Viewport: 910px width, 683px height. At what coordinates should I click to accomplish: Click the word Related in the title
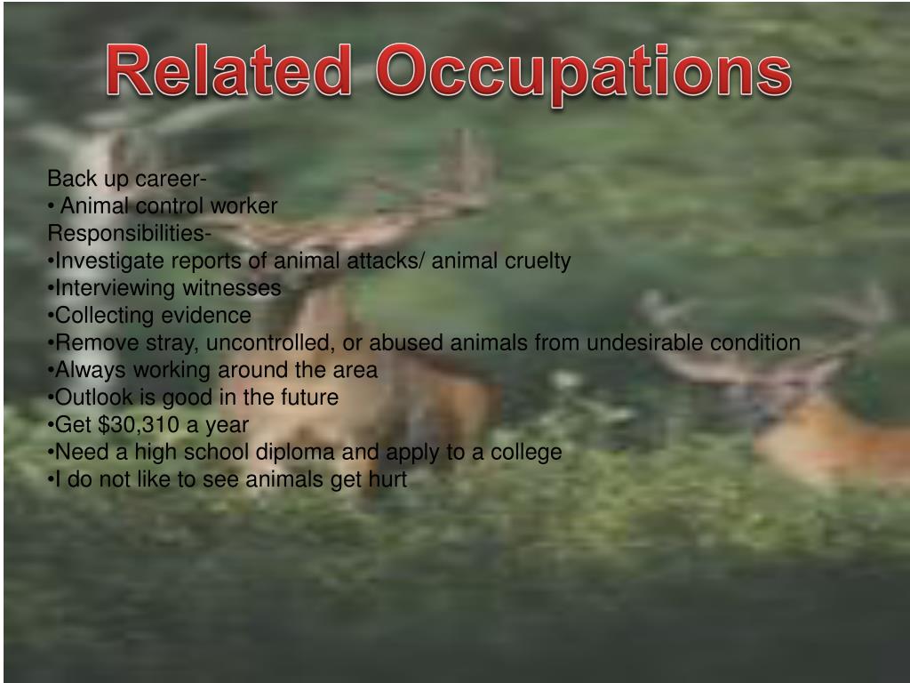pos(228,73)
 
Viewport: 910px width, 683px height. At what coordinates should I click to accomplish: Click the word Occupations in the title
pos(583,75)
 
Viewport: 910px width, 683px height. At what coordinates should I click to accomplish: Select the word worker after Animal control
pos(244,206)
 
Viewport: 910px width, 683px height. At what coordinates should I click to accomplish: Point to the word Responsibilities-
pos(129,234)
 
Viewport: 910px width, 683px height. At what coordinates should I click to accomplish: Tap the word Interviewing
pos(116,288)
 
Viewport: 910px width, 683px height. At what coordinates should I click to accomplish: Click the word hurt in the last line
pos(387,479)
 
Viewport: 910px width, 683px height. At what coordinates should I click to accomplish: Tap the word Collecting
pos(104,316)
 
